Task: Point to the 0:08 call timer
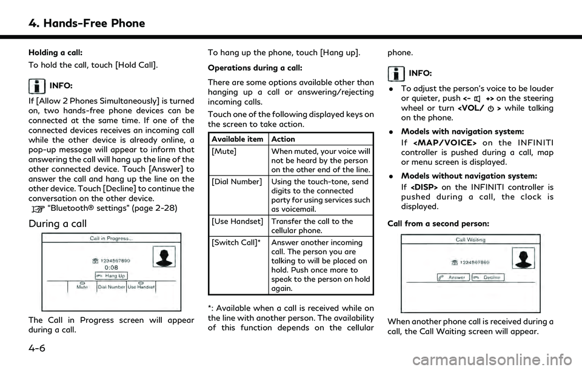point(110,266)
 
